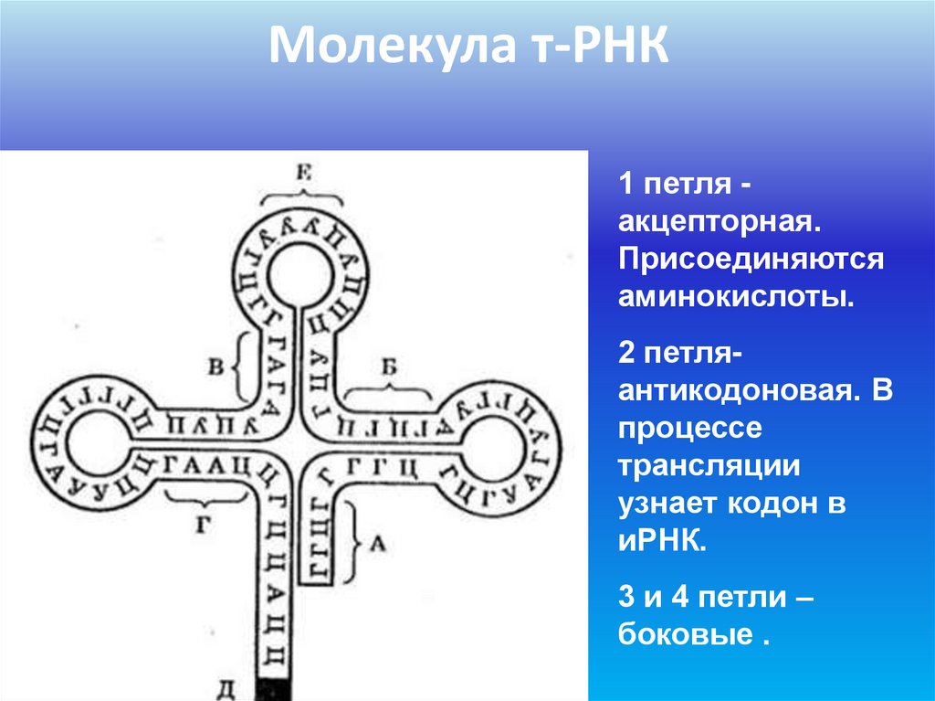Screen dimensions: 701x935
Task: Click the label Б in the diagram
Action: [x=390, y=368]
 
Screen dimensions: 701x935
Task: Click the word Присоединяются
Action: [x=751, y=260]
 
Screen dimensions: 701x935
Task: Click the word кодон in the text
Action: [x=775, y=503]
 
